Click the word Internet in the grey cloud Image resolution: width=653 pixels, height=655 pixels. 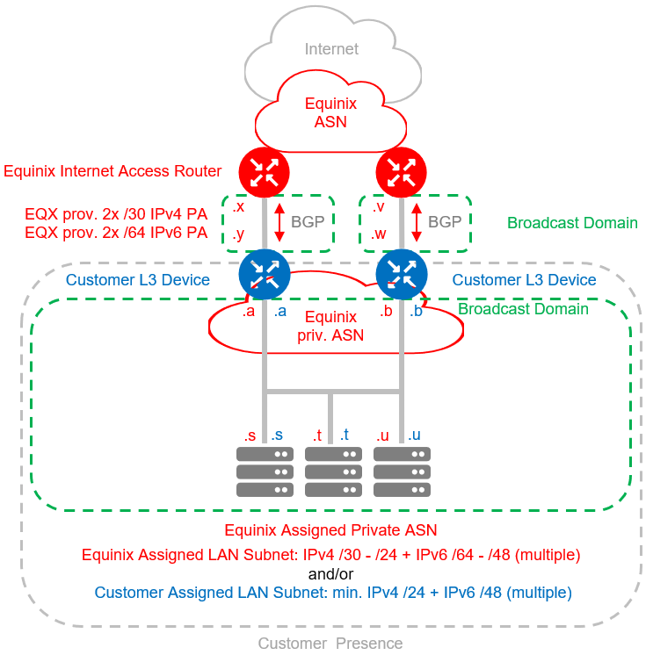[331, 49]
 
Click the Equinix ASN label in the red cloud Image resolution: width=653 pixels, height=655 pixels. [330, 112]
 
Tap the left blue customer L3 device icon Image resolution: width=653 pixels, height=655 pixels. [264, 275]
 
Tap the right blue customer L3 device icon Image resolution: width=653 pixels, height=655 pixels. [402, 275]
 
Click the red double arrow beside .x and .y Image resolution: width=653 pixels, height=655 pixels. [279, 222]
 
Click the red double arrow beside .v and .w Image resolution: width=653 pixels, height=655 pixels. [417, 222]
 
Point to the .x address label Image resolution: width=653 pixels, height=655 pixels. [238, 207]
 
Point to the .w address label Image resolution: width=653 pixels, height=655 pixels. [380, 234]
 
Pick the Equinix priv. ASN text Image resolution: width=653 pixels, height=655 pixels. [330, 326]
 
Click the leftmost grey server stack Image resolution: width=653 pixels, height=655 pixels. [264, 472]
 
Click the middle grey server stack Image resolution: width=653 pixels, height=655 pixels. [332, 472]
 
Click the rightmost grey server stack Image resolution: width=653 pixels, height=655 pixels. [402, 472]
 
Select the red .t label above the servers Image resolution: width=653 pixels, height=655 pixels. [317, 435]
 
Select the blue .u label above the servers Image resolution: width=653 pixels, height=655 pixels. [413, 435]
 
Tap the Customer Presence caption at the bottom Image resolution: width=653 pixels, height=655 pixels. [330, 644]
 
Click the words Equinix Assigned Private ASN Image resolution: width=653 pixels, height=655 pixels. [330, 530]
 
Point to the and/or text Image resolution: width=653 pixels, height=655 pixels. [330, 573]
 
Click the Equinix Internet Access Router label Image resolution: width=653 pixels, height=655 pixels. [112, 171]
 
